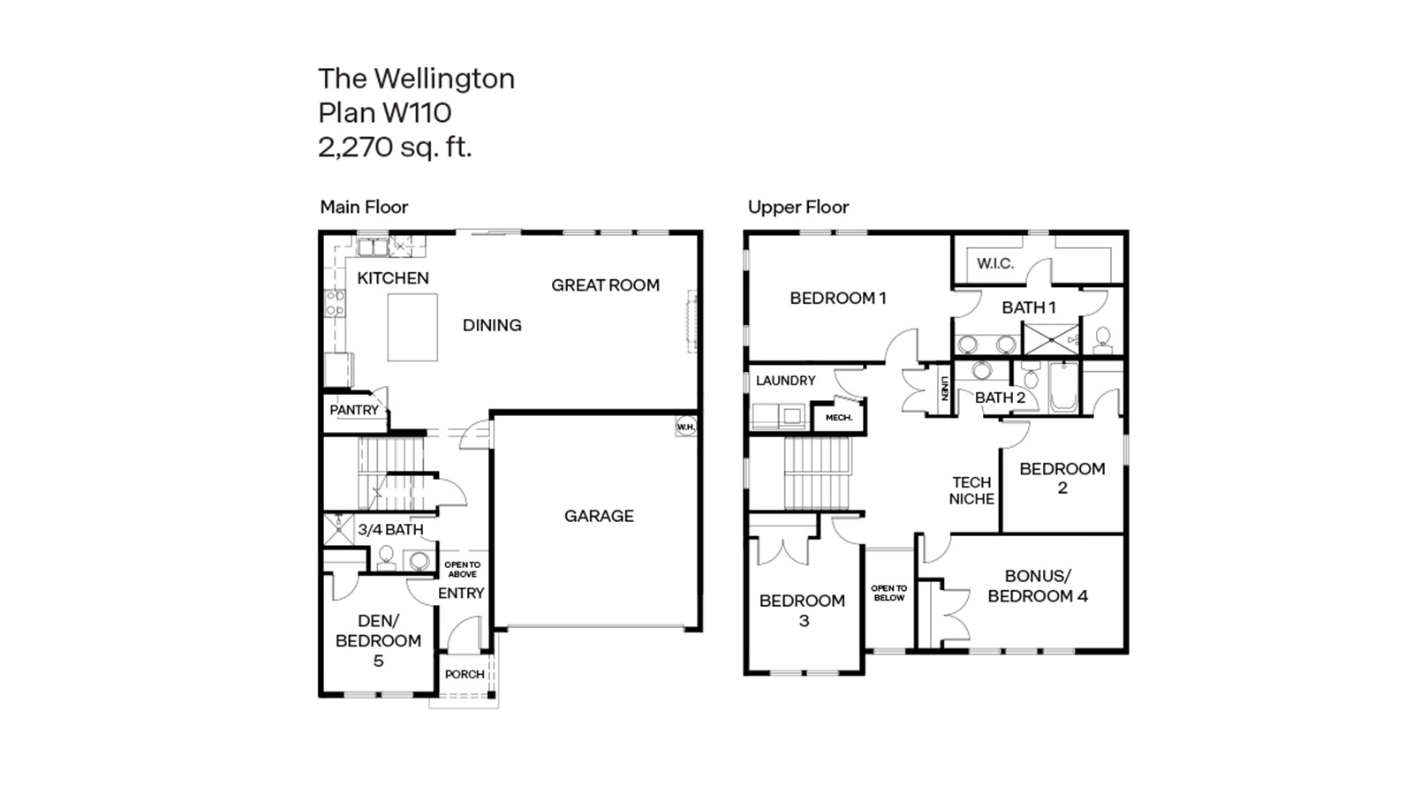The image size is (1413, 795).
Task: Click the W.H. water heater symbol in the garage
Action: click(x=686, y=427)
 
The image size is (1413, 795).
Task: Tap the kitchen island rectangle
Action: click(x=412, y=327)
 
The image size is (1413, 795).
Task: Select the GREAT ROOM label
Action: click(x=605, y=285)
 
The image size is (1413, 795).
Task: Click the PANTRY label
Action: click(x=354, y=410)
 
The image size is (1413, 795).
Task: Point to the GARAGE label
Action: click(x=599, y=516)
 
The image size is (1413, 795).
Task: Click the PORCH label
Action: click(x=465, y=674)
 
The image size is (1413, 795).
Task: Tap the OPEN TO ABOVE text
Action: click(x=462, y=569)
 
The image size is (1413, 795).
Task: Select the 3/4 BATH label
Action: click(x=390, y=530)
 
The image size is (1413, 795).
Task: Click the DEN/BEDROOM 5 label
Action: click(x=378, y=640)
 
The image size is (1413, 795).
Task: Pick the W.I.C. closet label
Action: click(x=995, y=263)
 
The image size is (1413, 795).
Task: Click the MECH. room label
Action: click(x=838, y=418)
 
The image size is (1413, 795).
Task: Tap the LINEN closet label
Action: click(x=944, y=389)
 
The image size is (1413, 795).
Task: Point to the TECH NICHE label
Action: click(x=971, y=490)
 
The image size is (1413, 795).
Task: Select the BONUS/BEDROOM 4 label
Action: click(x=1038, y=586)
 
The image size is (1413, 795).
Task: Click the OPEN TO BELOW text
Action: click(x=888, y=593)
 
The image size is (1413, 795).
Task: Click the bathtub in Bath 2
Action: click(x=1063, y=389)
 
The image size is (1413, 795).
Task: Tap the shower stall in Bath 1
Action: click(x=1051, y=339)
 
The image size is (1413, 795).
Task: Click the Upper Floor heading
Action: click(x=797, y=207)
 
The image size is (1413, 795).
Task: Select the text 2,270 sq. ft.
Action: click(x=395, y=147)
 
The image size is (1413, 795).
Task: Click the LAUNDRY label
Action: click(x=785, y=381)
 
